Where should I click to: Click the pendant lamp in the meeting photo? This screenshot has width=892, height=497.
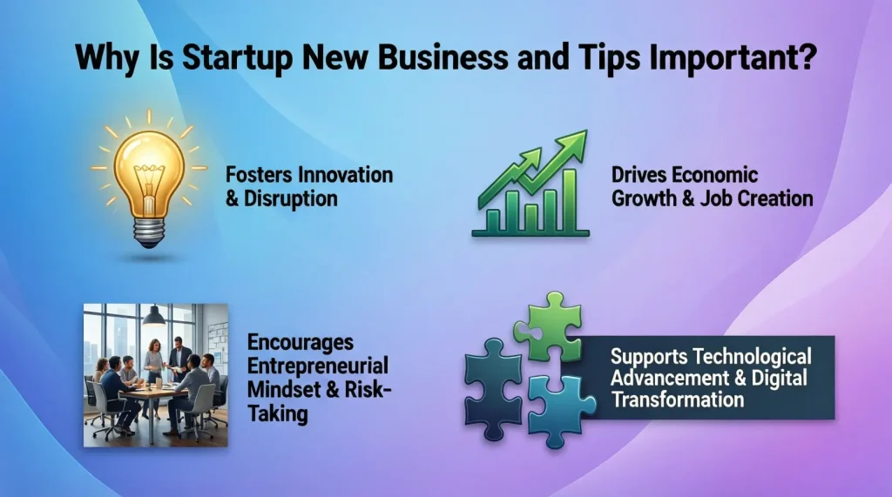point(154,314)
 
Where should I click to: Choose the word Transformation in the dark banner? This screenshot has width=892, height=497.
point(678,400)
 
